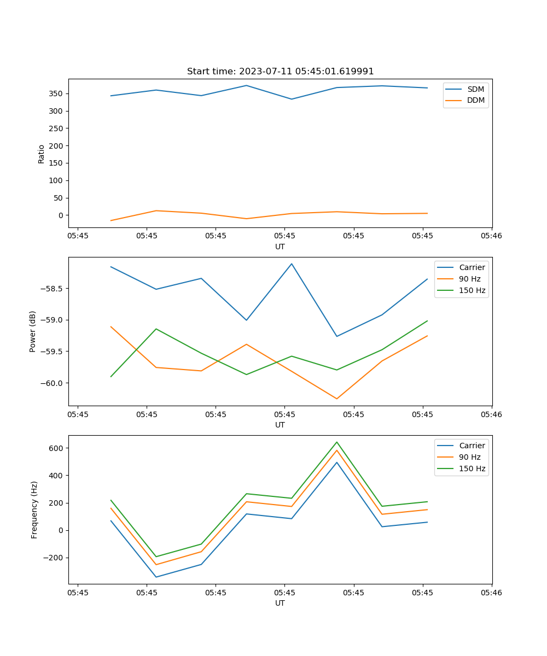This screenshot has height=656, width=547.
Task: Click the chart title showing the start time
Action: click(280, 72)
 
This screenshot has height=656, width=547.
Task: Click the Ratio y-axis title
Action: click(42, 154)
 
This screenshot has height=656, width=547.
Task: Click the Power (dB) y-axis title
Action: click(33, 331)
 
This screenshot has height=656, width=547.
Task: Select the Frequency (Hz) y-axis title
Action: click(34, 509)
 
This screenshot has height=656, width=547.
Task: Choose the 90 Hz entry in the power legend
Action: click(469, 279)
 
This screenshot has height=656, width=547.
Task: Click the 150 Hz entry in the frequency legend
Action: click(472, 468)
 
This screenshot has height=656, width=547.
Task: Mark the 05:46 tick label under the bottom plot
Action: click(491, 592)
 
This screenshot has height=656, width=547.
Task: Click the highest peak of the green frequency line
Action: click(337, 442)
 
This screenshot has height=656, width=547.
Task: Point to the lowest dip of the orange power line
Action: click(337, 399)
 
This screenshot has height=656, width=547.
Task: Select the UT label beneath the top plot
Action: click(280, 247)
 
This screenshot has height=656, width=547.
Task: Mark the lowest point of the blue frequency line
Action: click(156, 577)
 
